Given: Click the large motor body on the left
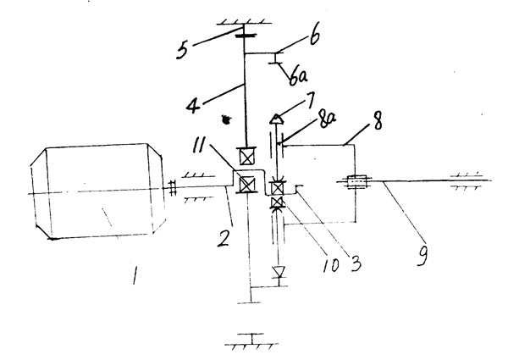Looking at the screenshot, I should click(93, 191).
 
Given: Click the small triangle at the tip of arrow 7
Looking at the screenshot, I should click(275, 121).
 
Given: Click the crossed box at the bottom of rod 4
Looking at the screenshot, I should click(246, 158).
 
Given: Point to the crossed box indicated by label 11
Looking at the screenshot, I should click(246, 184).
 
